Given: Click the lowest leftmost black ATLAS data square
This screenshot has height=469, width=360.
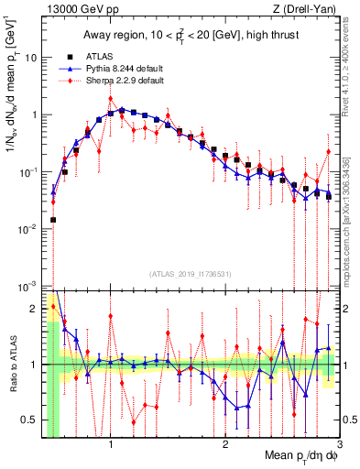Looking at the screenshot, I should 53,220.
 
